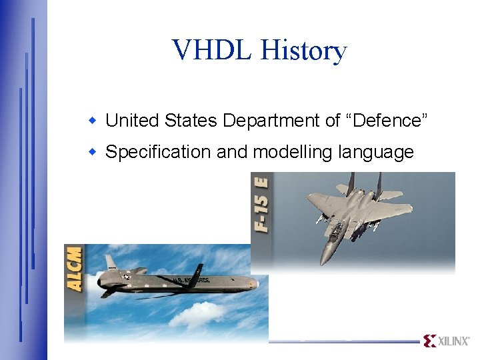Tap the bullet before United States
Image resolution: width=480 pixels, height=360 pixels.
pyautogui.click(x=95, y=121)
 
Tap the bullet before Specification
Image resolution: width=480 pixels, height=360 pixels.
pyautogui.click(x=95, y=152)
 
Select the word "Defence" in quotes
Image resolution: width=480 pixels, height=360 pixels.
pyautogui.click(x=386, y=121)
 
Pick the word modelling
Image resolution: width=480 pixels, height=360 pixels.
pyautogui.click(x=293, y=153)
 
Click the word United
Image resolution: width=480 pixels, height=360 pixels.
pyautogui.click(x=133, y=121)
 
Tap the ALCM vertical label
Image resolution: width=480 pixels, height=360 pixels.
pyautogui.click(x=75, y=268)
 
